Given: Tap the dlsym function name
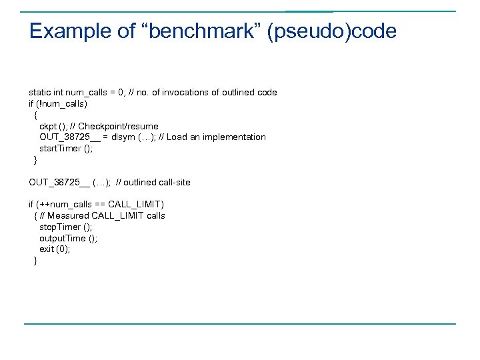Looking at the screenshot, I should tap(123, 137).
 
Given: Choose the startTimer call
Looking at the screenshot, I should tap(66, 149).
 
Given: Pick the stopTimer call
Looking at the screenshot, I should tap(65, 227).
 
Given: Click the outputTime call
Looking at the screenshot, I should tap(68, 238).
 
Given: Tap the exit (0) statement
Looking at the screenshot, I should tap(54, 249).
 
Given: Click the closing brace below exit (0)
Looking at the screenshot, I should tap(35, 261).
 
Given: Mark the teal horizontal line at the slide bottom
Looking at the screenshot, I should tap(240, 324).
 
